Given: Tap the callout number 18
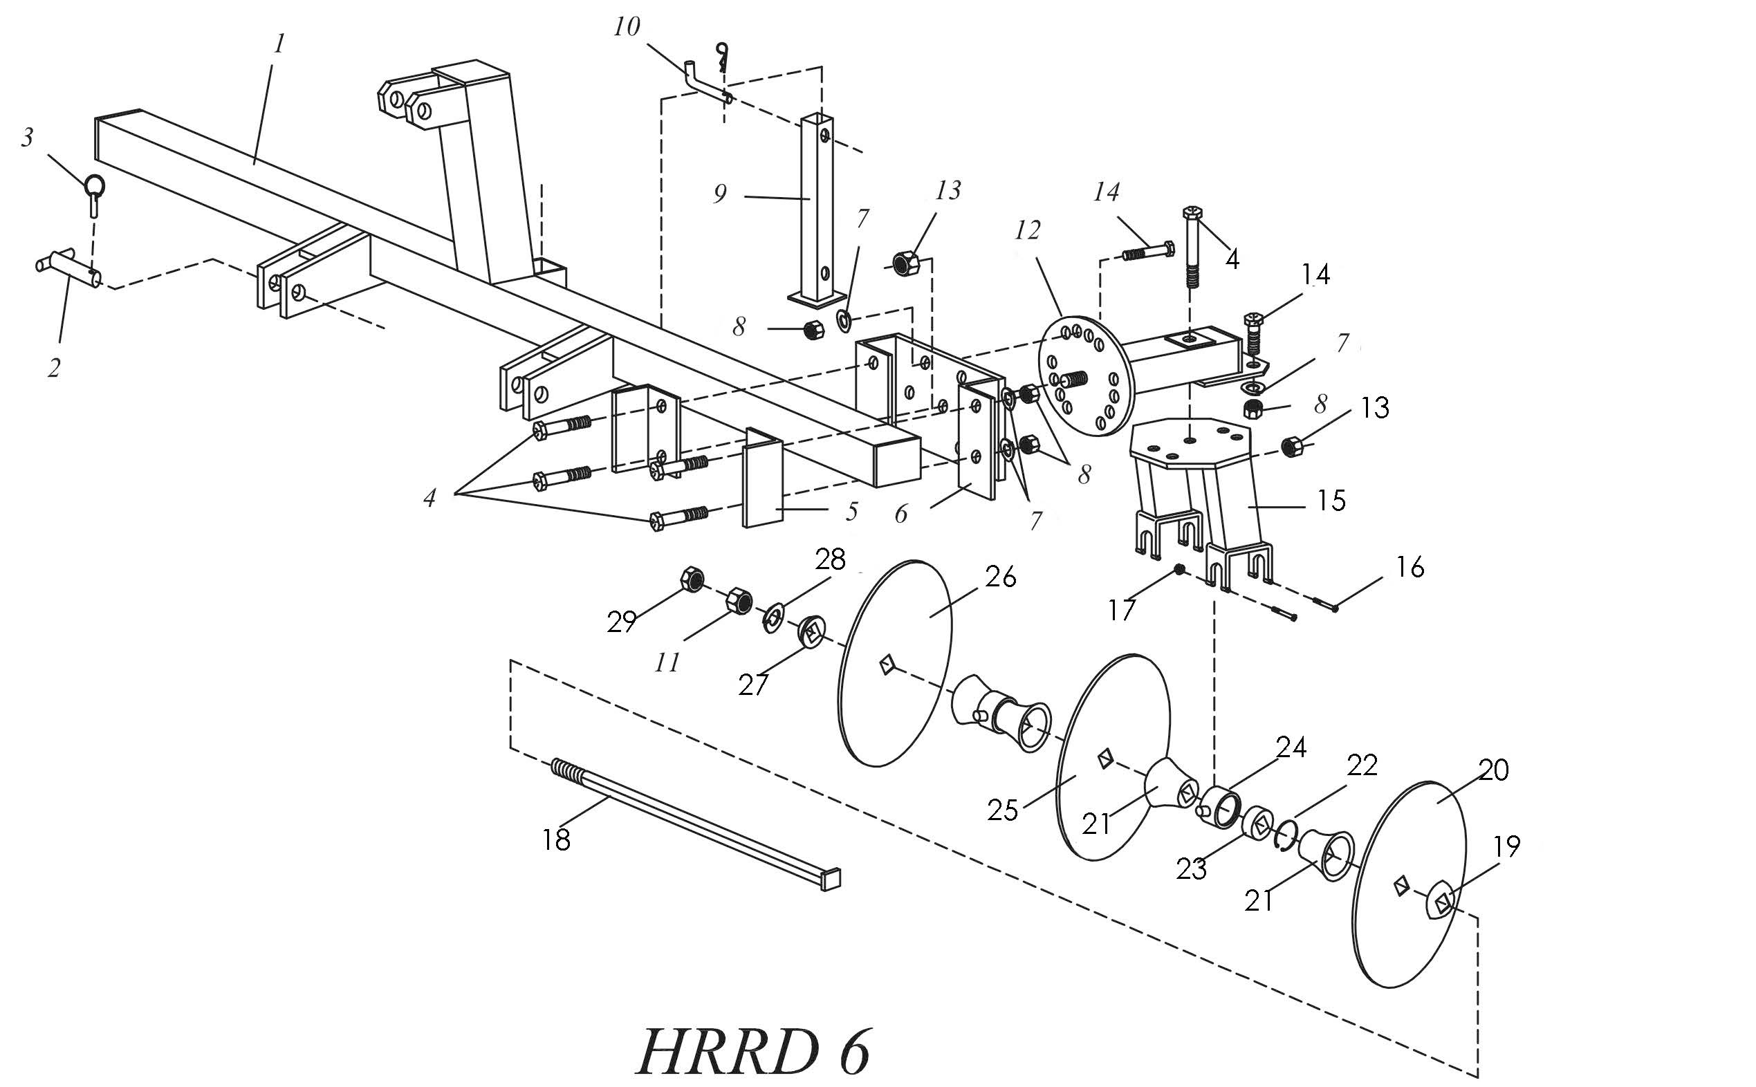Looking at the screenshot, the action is pos(557,839).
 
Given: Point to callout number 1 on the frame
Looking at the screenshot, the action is pos(279,44).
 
